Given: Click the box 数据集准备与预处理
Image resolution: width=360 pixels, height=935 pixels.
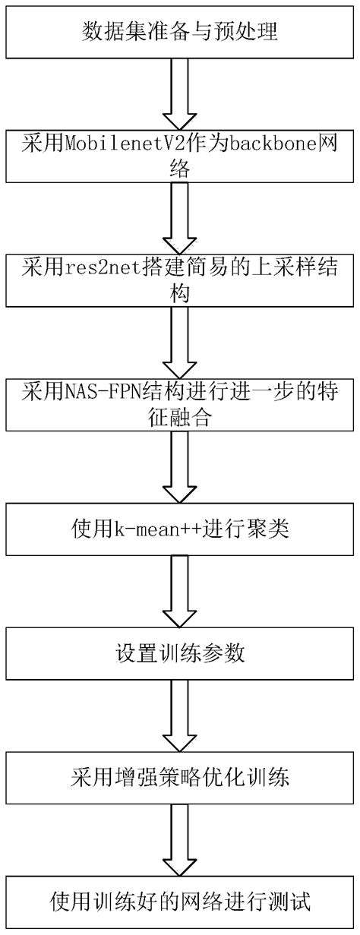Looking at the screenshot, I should (180, 32).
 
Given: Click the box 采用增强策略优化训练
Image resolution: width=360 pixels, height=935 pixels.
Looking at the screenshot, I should (180, 778).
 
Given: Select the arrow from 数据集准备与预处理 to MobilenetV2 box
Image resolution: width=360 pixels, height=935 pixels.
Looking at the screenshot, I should (180, 93).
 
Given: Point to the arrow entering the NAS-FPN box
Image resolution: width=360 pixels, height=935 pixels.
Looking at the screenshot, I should (180, 343).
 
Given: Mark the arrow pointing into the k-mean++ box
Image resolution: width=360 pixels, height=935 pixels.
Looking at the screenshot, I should (180, 467).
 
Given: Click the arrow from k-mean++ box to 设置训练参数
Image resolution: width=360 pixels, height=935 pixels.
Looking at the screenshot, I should (180, 592).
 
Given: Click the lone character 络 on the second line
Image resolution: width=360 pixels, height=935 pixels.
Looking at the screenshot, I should (180, 171).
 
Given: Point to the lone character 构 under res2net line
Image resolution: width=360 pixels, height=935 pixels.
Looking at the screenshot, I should (180, 295).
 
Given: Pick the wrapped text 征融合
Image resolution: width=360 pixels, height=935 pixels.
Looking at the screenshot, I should (180, 420).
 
